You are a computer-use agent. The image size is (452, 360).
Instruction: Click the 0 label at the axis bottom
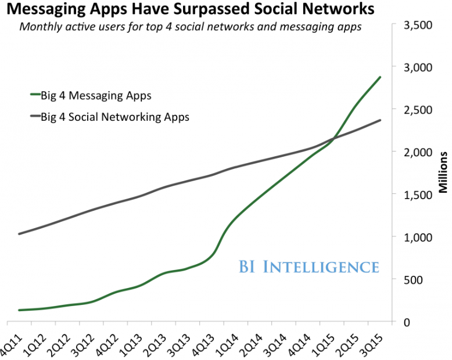(407, 322)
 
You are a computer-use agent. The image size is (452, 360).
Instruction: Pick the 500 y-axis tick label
(413, 280)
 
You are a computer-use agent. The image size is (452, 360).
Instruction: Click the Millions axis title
(443, 172)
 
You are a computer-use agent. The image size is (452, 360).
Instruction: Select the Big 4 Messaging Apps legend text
(96, 96)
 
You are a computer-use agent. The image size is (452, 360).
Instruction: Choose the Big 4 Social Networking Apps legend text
(115, 117)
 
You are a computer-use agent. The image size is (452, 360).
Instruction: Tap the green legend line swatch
(35, 94)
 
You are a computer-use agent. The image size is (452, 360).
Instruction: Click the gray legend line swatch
(35, 116)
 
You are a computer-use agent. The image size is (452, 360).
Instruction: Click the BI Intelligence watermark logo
(308, 267)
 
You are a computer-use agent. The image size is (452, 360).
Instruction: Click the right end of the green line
(380, 77)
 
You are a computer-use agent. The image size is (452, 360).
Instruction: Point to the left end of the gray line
(19, 234)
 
